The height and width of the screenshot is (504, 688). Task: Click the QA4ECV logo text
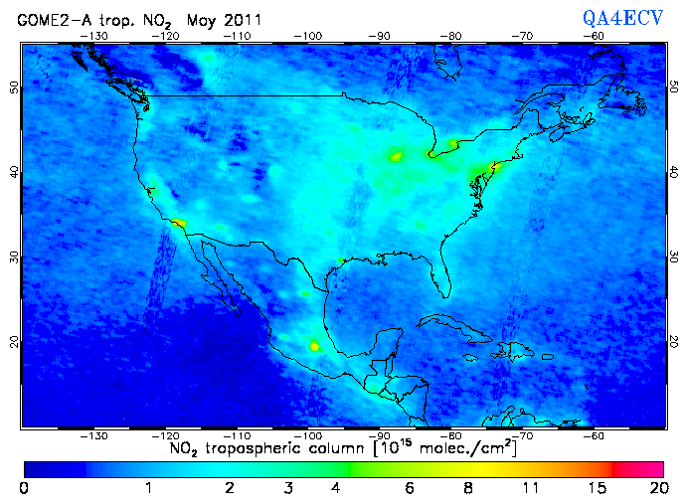pyautogui.click(x=632, y=18)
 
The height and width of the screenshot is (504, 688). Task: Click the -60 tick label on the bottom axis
pyautogui.click(x=594, y=435)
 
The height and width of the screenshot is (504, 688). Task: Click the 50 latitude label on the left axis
pyautogui.click(x=13, y=87)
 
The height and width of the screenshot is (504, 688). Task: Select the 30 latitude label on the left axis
pyautogui.click(x=13, y=256)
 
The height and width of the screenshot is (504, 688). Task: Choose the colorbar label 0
pyautogui.click(x=24, y=487)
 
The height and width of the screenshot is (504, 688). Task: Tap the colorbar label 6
pyautogui.click(x=408, y=487)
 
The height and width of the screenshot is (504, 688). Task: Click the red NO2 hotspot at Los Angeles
pyautogui.click(x=178, y=223)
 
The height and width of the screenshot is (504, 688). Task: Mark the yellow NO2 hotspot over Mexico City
pyautogui.click(x=315, y=346)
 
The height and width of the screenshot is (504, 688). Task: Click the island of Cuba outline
pyautogui.click(x=447, y=324)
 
